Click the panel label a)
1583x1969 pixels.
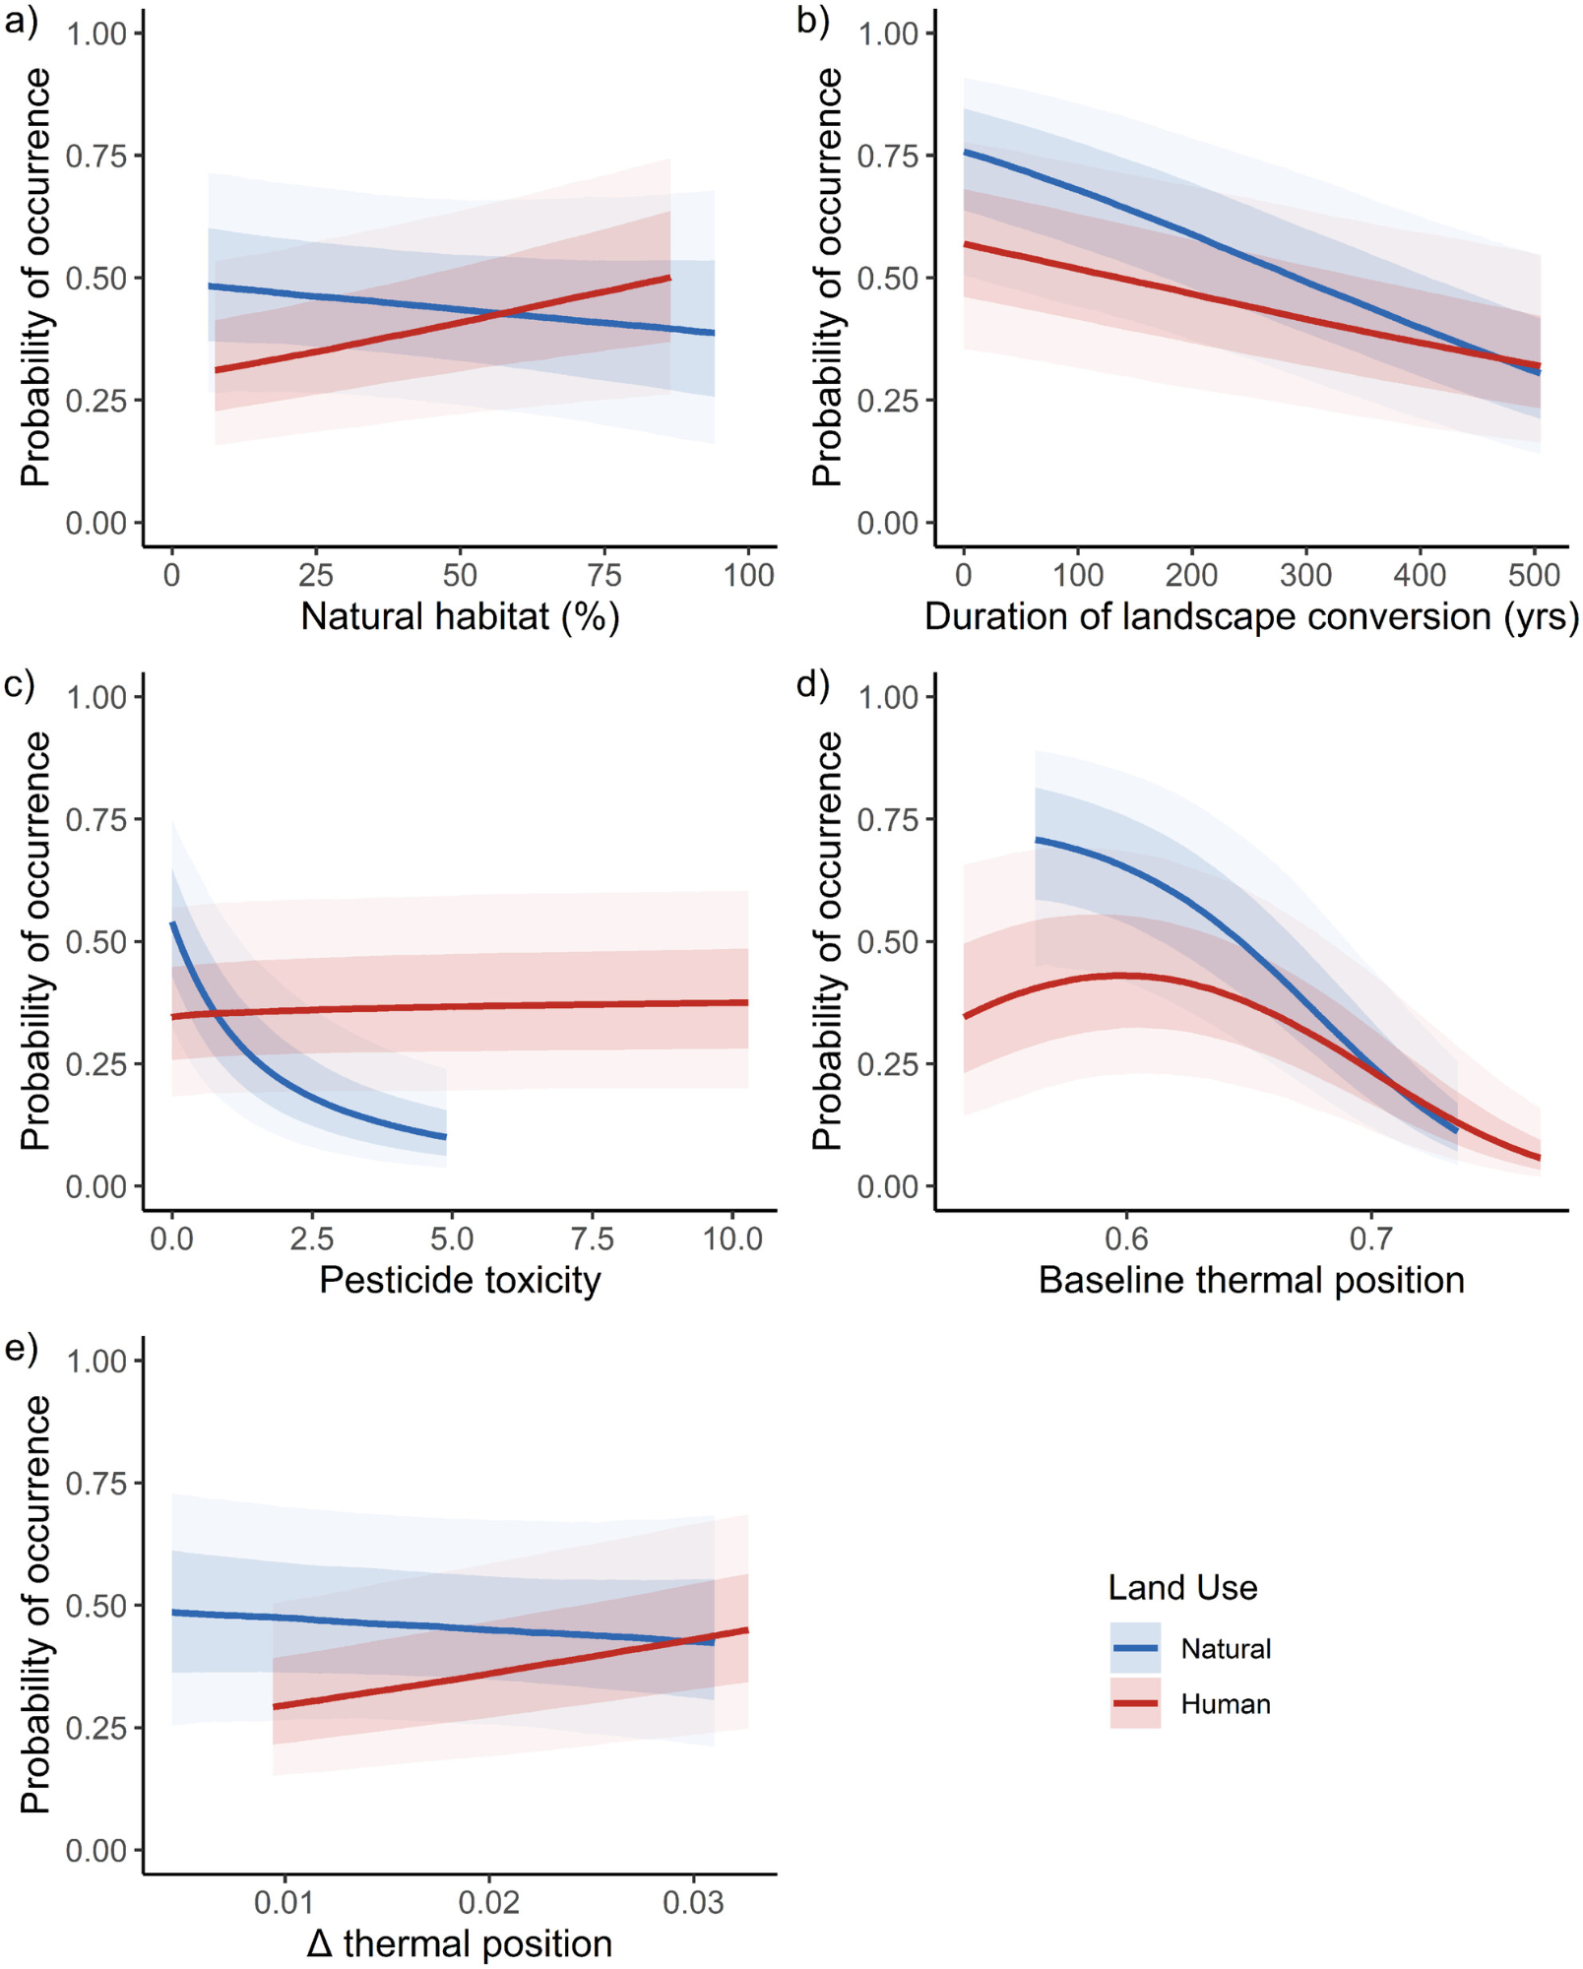click(21, 21)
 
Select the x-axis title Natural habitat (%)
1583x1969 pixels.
click(460, 617)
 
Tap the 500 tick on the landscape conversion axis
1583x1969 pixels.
click(1534, 576)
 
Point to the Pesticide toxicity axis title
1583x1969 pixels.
click(460, 1281)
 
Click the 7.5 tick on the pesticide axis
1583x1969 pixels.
click(593, 1239)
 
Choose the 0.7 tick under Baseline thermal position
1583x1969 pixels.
click(1371, 1239)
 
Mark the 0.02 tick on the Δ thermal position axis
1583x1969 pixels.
click(489, 1903)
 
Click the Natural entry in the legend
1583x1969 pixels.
click(1226, 1649)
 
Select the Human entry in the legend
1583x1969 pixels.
click(1226, 1704)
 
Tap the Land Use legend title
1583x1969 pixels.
click(1182, 1588)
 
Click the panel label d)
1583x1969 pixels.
click(812, 684)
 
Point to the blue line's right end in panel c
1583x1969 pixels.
click(446, 1137)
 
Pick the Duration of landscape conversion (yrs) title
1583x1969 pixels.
click(1251, 617)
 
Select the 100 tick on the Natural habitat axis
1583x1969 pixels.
click(749, 576)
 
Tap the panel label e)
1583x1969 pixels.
click(21, 1348)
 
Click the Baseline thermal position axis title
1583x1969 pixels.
click(1251, 1281)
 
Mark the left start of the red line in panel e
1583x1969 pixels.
click(274, 1707)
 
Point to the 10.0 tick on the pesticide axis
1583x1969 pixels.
click(733, 1239)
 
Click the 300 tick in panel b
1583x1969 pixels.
click(1306, 576)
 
